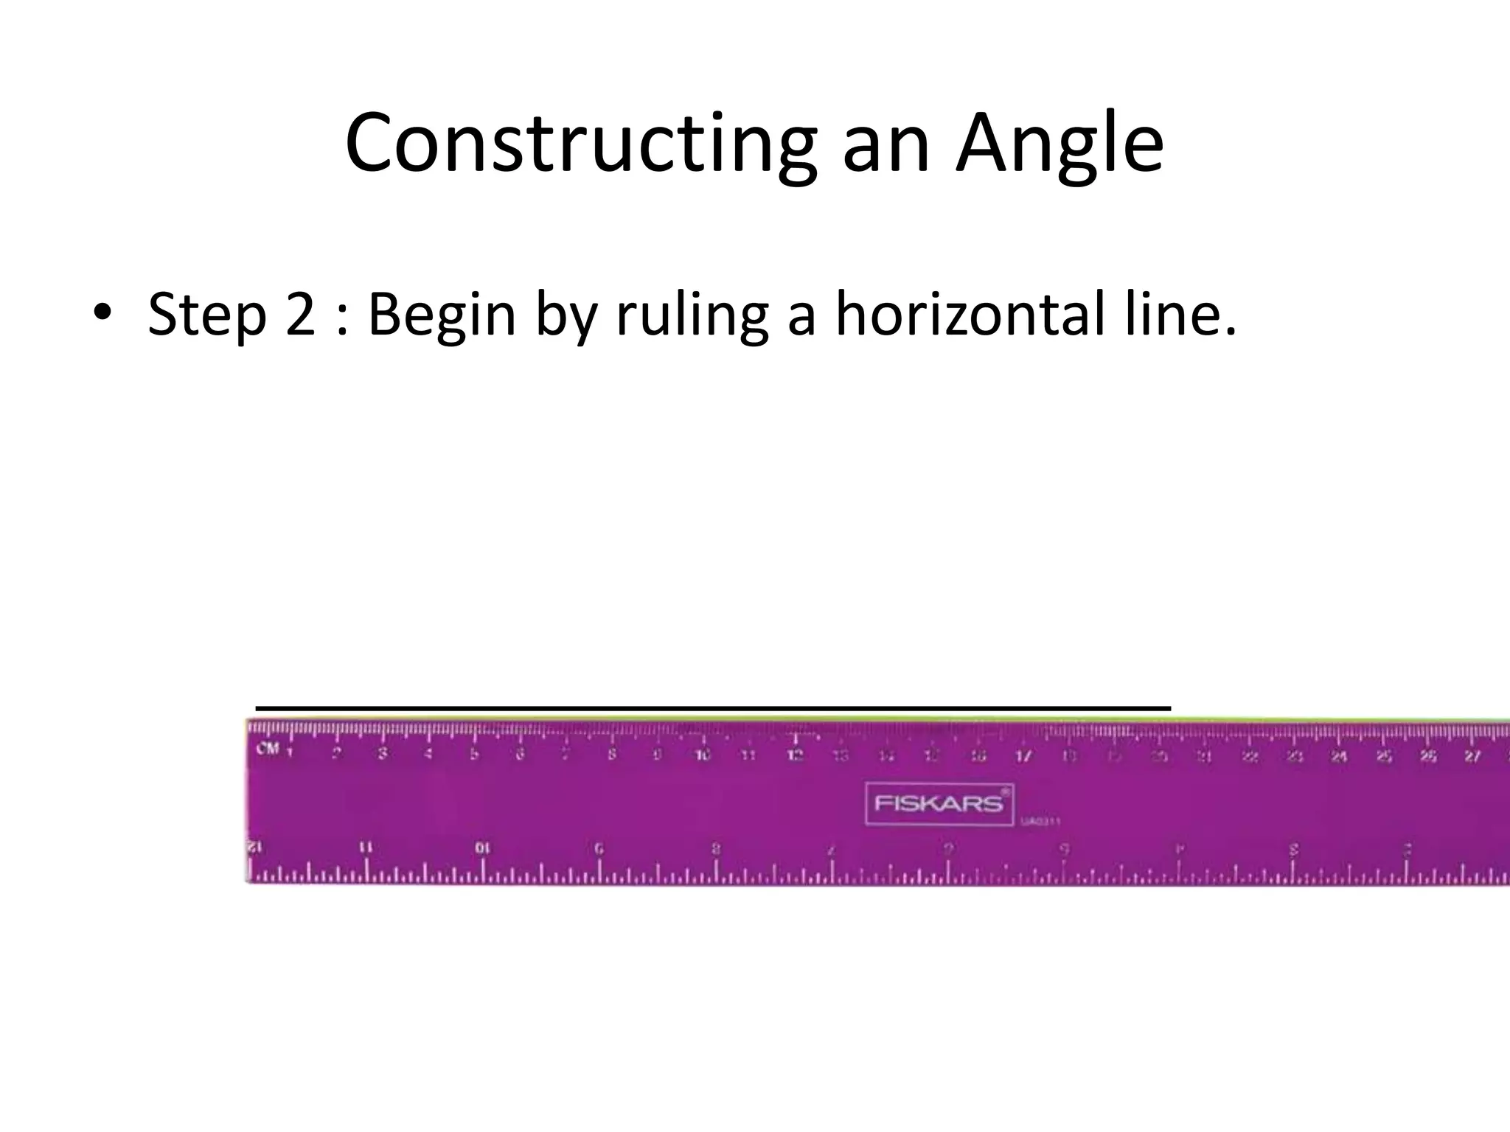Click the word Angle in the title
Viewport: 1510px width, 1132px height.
pos(1060,144)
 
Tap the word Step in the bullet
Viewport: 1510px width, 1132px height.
pos(206,315)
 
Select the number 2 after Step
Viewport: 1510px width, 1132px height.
pos(301,315)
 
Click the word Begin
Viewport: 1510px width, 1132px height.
pos(442,315)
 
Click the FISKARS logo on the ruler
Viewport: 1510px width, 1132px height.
pos(939,803)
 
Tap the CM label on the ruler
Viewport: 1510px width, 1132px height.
pos(267,750)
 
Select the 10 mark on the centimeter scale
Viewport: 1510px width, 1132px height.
pos(703,755)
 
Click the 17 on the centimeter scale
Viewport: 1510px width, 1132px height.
pos(1023,755)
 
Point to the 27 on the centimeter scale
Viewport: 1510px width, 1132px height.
pos(1472,755)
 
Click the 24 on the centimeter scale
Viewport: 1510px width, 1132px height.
pos(1339,755)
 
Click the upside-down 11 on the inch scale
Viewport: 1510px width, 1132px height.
pos(366,848)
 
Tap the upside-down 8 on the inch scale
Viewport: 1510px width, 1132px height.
pos(715,848)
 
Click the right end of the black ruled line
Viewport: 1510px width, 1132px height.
pos(1169,708)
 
